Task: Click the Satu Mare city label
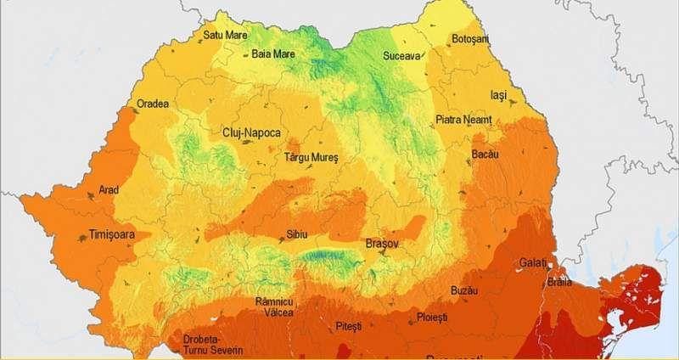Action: [x=225, y=36]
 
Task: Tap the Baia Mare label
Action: [x=273, y=54]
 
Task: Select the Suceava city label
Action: [x=401, y=56]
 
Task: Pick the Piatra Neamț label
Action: [x=463, y=120]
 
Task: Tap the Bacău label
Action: [x=485, y=155]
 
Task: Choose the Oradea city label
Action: [x=153, y=104]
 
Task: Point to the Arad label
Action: [x=109, y=190]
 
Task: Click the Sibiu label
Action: [x=297, y=233]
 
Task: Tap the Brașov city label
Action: [x=381, y=244]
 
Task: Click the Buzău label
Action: [x=464, y=290]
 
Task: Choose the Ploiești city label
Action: [x=432, y=318]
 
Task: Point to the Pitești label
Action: [x=348, y=326]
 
